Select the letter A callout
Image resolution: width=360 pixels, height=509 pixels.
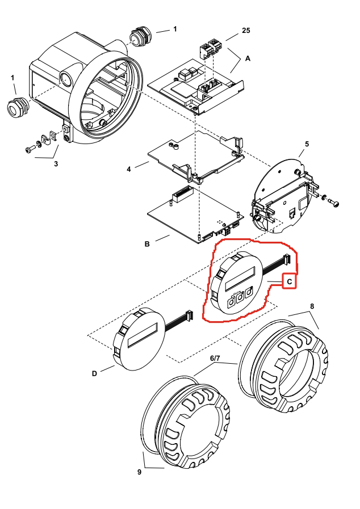[248, 58]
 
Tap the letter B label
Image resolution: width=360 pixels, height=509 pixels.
[147, 245]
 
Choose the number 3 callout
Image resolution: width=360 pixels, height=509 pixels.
[56, 164]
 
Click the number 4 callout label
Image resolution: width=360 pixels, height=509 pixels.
[129, 169]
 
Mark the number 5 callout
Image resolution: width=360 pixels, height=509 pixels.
[307, 144]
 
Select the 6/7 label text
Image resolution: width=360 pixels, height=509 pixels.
[216, 359]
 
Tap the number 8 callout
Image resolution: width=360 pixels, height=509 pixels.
[311, 306]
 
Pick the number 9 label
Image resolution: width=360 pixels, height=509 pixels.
[140, 472]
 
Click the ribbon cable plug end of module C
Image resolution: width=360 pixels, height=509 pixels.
[286, 260]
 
